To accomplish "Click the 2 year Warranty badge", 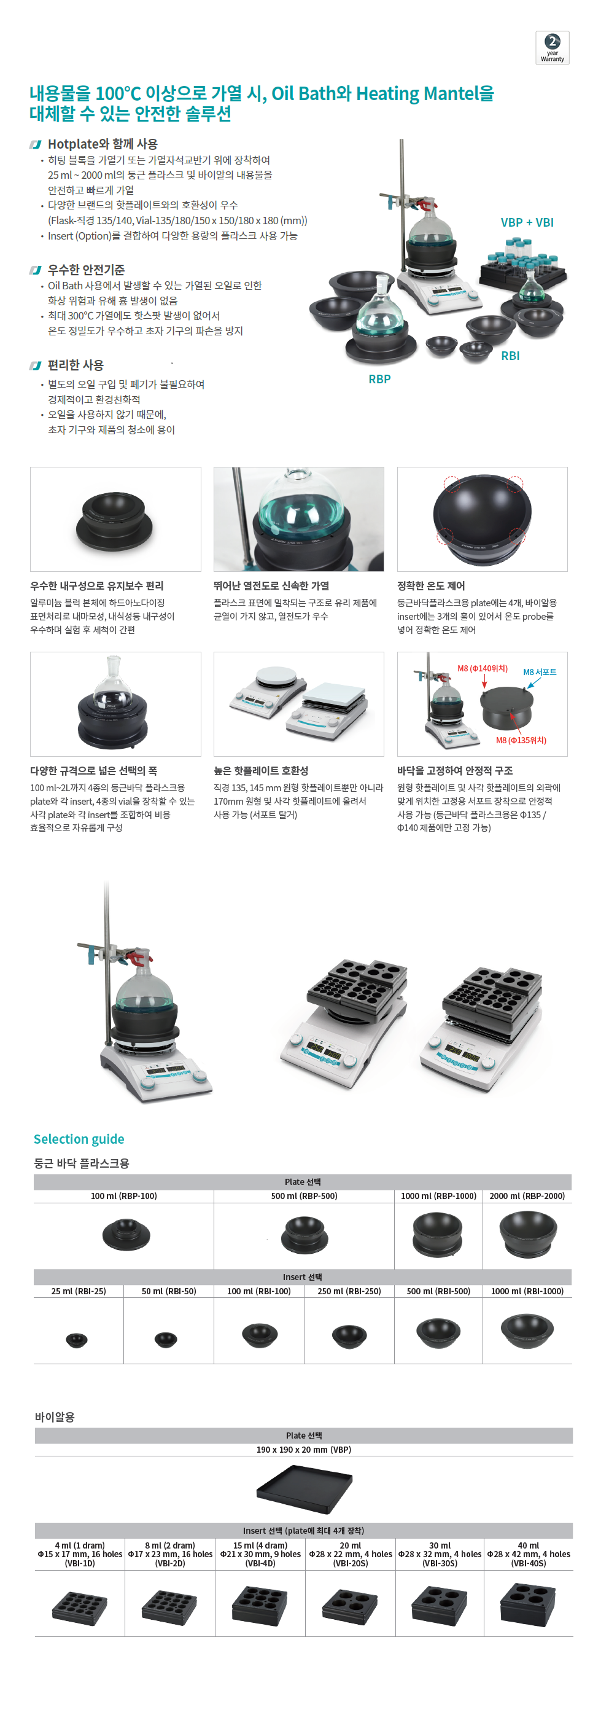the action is tap(552, 48).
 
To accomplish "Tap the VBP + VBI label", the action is tap(527, 222).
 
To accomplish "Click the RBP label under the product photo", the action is tap(379, 379).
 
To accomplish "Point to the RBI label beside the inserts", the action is tap(511, 356).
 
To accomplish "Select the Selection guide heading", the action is tap(79, 1139).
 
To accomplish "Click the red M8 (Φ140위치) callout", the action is tap(483, 668).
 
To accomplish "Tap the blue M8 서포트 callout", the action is tap(540, 672).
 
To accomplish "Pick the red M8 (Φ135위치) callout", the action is tap(521, 740).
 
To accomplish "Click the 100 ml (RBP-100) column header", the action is tap(124, 1196).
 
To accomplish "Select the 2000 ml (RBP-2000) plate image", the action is tap(527, 1234).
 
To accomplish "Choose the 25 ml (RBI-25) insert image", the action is tap(77, 1340).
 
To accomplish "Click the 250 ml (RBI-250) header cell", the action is tap(349, 1291).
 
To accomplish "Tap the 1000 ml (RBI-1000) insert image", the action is tap(527, 1329).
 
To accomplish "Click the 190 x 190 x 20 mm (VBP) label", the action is tap(303, 1450).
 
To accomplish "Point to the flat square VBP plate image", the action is tap(304, 1488).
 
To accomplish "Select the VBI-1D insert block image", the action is tap(79, 1607).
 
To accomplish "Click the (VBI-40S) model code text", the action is tap(529, 1563).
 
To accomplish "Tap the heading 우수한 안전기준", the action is tap(86, 270).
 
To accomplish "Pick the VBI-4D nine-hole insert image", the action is tap(260, 1606).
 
